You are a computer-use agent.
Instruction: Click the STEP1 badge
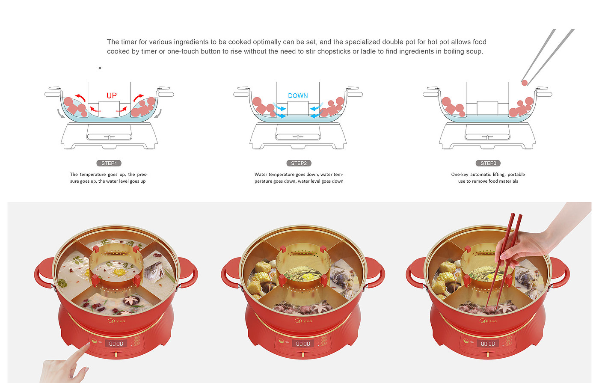point(109,163)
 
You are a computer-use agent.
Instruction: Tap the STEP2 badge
point(299,163)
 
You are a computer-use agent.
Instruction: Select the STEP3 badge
point(488,163)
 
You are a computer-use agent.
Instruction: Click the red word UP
point(112,95)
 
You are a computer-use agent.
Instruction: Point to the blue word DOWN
point(298,95)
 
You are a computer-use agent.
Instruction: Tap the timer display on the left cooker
point(116,344)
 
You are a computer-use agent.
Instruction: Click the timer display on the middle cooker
point(303,344)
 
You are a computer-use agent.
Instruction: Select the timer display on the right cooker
point(488,344)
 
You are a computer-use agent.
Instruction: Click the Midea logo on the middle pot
point(303,321)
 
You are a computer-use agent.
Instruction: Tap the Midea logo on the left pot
point(116,321)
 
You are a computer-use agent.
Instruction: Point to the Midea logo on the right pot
point(488,321)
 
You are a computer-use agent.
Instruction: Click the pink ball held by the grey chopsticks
point(525,83)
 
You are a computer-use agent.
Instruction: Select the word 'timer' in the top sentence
point(129,42)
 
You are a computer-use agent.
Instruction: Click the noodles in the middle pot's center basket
point(302,273)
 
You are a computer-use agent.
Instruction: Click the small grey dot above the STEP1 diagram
point(100,68)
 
